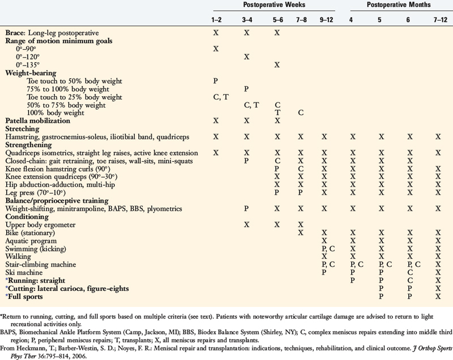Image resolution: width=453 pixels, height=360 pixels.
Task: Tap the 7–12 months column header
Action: click(x=438, y=20)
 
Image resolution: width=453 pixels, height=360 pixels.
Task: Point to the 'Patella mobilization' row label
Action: click(x=37, y=121)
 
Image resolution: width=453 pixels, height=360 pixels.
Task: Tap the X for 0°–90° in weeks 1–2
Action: click(x=215, y=49)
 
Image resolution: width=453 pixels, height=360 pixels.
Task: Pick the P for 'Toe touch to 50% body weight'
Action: click(x=215, y=81)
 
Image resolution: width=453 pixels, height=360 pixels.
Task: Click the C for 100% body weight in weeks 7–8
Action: click(x=301, y=113)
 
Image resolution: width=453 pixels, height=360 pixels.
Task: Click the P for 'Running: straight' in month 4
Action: click(x=352, y=280)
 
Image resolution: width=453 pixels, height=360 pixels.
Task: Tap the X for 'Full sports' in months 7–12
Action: click(x=438, y=296)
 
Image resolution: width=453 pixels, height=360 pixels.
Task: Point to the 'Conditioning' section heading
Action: click(x=27, y=217)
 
